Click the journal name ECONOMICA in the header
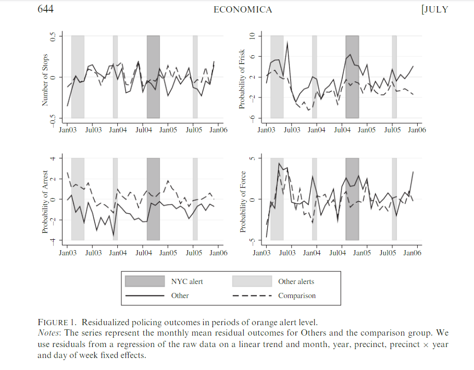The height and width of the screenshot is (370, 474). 242,10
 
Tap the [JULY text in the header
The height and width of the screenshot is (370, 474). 433,10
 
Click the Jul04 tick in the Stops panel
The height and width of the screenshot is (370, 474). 143,130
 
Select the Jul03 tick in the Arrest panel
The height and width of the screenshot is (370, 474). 93,253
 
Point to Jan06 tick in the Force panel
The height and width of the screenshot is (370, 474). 411,253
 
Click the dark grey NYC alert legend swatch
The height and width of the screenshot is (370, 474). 144,281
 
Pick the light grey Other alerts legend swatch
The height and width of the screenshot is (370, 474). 252,281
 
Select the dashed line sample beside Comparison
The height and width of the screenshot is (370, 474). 252,295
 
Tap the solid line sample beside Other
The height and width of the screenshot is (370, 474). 144,295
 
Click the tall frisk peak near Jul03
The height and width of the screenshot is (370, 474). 287,43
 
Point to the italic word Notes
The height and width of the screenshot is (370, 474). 48,333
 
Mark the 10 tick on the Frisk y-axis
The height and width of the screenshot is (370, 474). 252,36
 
